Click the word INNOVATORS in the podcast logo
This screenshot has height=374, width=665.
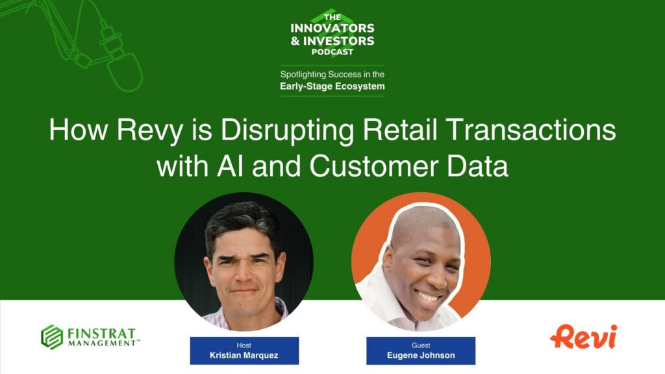(x=332, y=29)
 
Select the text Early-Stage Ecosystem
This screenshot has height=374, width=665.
(x=332, y=86)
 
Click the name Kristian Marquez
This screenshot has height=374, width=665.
(x=244, y=355)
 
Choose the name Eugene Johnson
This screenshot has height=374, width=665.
(x=421, y=355)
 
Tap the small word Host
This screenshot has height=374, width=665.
(x=244, y=345)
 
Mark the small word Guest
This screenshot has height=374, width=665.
(x=421, y=345)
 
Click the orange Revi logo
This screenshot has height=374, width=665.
(x=583, y=336)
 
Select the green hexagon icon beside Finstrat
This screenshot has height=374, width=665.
(x=51, y=336)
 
